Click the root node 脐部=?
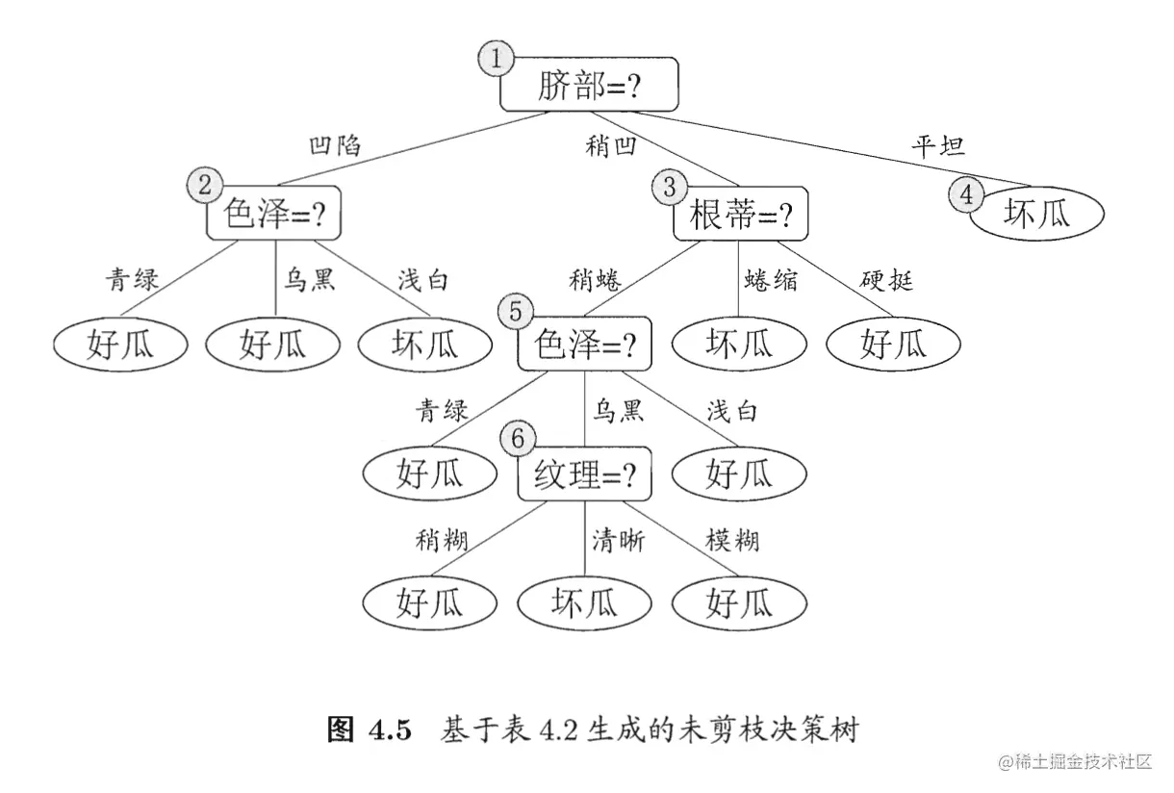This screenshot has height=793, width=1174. (x=589, y=86)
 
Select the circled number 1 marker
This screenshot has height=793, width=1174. (x=496, y=59)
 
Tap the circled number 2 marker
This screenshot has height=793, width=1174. (x=204, y=184)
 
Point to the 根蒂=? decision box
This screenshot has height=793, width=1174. (x=740, y=214)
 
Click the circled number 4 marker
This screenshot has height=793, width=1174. (x=966, y=194)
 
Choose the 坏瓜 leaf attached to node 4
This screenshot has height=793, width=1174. (x=1035, y=214)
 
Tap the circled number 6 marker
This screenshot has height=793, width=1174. (x=518, y=439)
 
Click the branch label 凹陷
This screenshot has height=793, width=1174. (x=334, y=146)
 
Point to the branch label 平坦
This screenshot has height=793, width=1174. (x=937, y=146)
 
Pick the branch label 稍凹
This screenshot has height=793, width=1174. (x=611, y=146)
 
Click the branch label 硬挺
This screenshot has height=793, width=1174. (x=886, y=280)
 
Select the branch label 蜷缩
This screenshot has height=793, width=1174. (x=771, y=280)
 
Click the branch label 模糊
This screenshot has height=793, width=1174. (x=733, y=541)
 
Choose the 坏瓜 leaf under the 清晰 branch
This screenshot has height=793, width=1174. (x=584, y=603)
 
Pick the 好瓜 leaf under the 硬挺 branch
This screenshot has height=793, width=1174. (x=894, y=344)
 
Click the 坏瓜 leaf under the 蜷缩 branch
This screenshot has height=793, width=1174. (x=739, y=344)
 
